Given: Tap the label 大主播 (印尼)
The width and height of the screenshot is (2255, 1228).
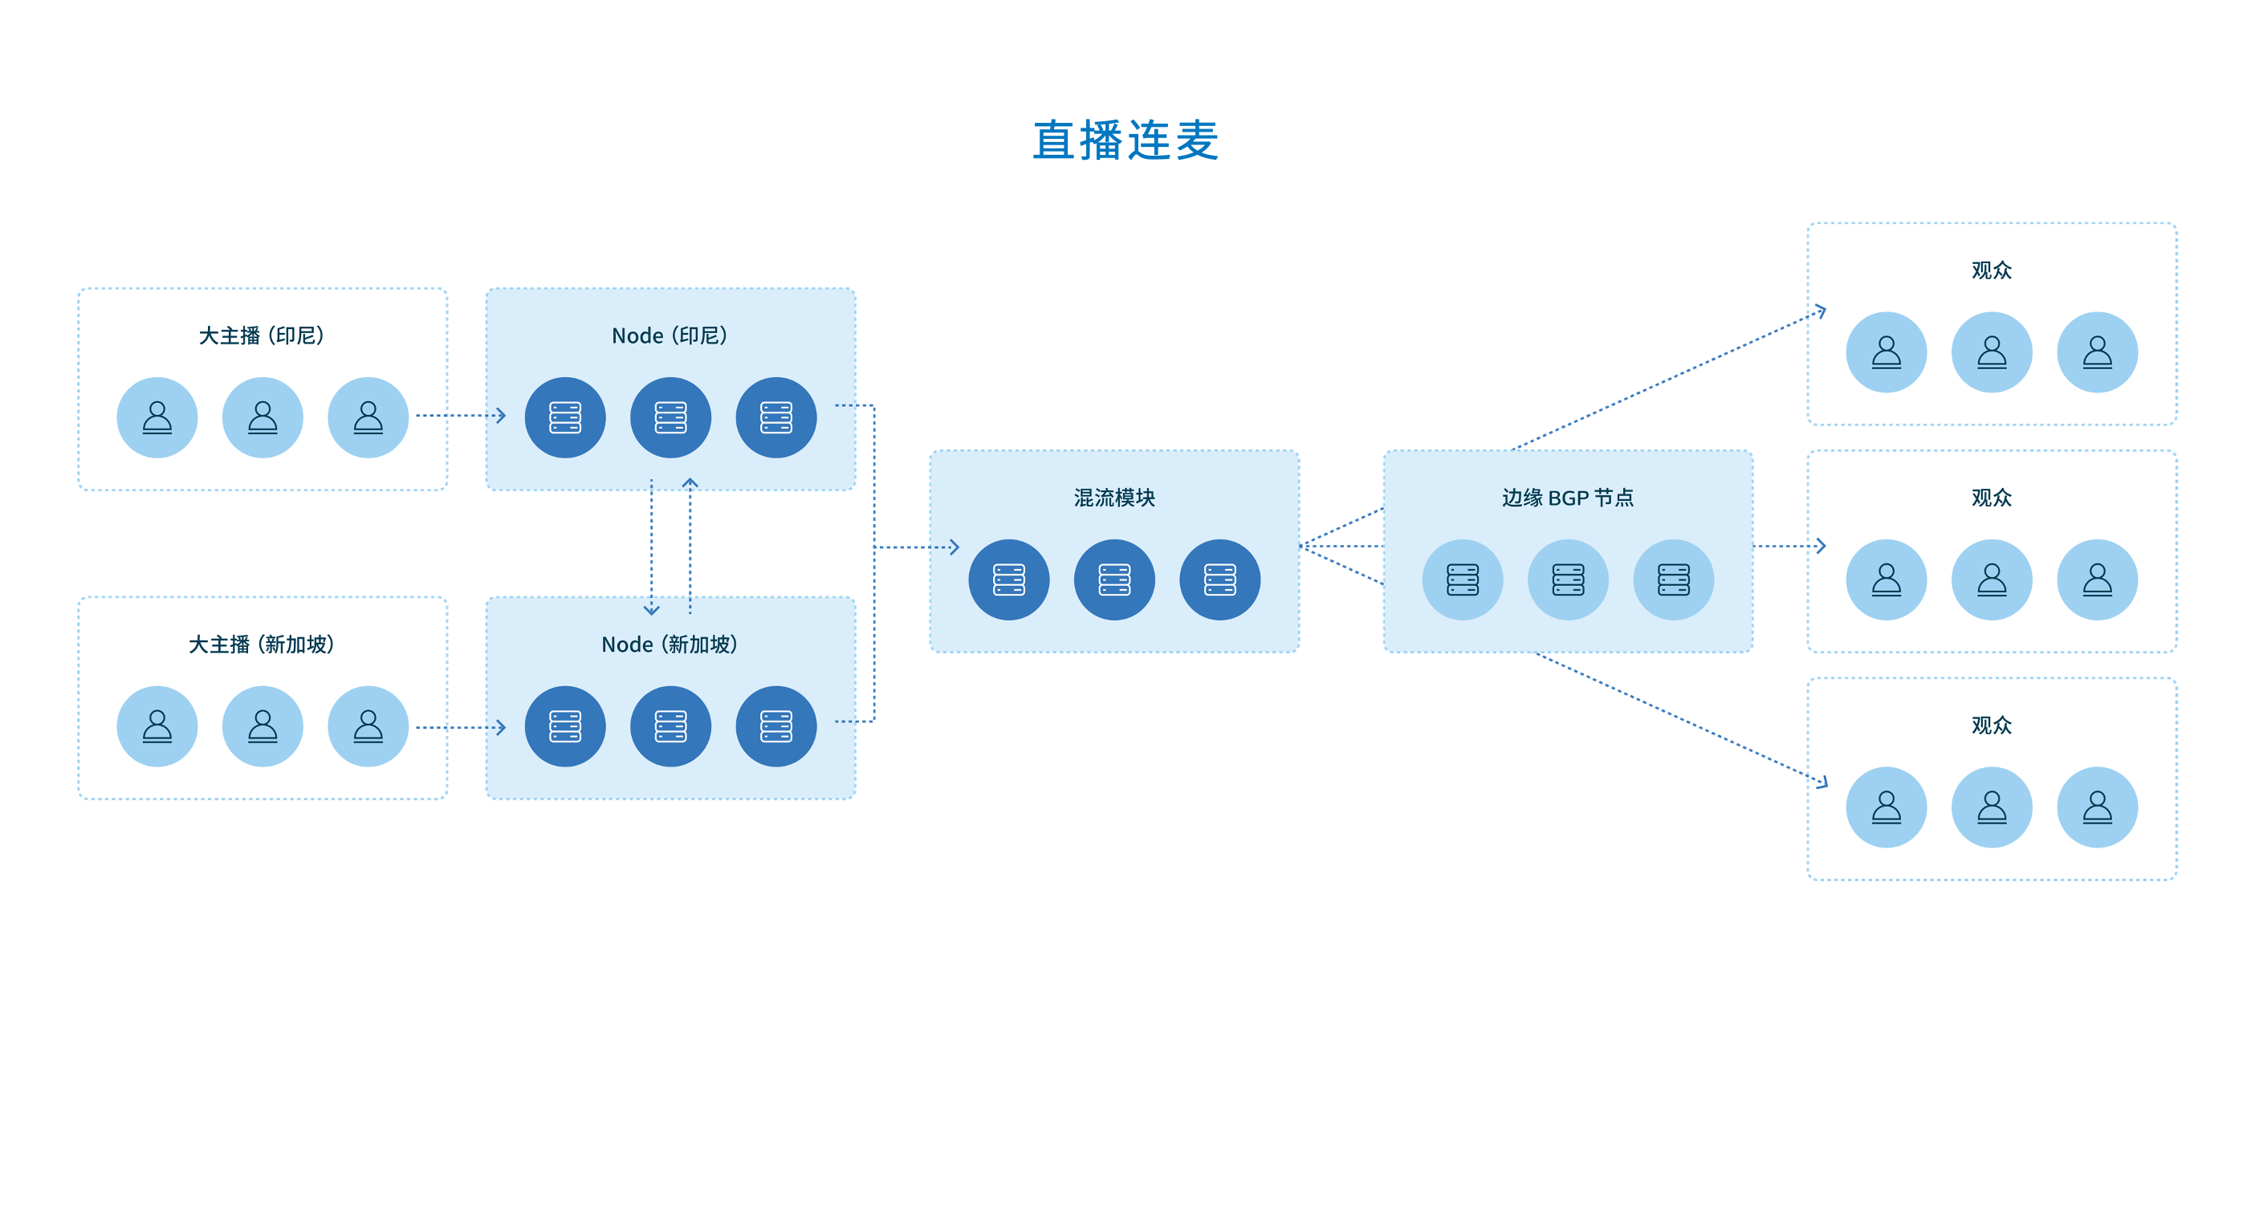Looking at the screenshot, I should [262, 336].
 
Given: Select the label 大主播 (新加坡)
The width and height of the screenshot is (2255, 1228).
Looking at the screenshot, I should [262, 645].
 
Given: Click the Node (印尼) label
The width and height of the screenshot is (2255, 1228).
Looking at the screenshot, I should [670, 336].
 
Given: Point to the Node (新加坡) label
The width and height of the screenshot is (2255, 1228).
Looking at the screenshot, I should [670, 645].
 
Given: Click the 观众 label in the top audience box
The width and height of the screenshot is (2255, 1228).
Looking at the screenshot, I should [1992, 270].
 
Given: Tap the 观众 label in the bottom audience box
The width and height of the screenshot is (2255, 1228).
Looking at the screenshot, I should [1992, 726].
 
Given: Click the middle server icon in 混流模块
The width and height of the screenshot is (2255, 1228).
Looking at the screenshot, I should [1114, 579].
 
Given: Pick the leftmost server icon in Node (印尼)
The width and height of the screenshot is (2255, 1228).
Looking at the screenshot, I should [565, 417].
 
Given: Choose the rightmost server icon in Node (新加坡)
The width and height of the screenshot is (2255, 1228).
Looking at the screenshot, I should [776, 726].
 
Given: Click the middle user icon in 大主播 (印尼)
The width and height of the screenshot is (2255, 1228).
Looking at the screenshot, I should [263, 417].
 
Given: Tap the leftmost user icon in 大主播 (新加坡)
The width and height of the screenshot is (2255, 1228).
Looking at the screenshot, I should [157, 726].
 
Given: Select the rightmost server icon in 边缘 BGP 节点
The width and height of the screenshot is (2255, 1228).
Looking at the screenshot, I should [1674, 579].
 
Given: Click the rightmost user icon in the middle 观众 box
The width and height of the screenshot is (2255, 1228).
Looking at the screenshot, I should [2098, 579].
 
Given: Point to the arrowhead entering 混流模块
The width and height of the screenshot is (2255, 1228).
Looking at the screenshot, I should [955, 547].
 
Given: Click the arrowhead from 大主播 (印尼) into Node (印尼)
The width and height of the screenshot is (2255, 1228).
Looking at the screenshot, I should [501, 415].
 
